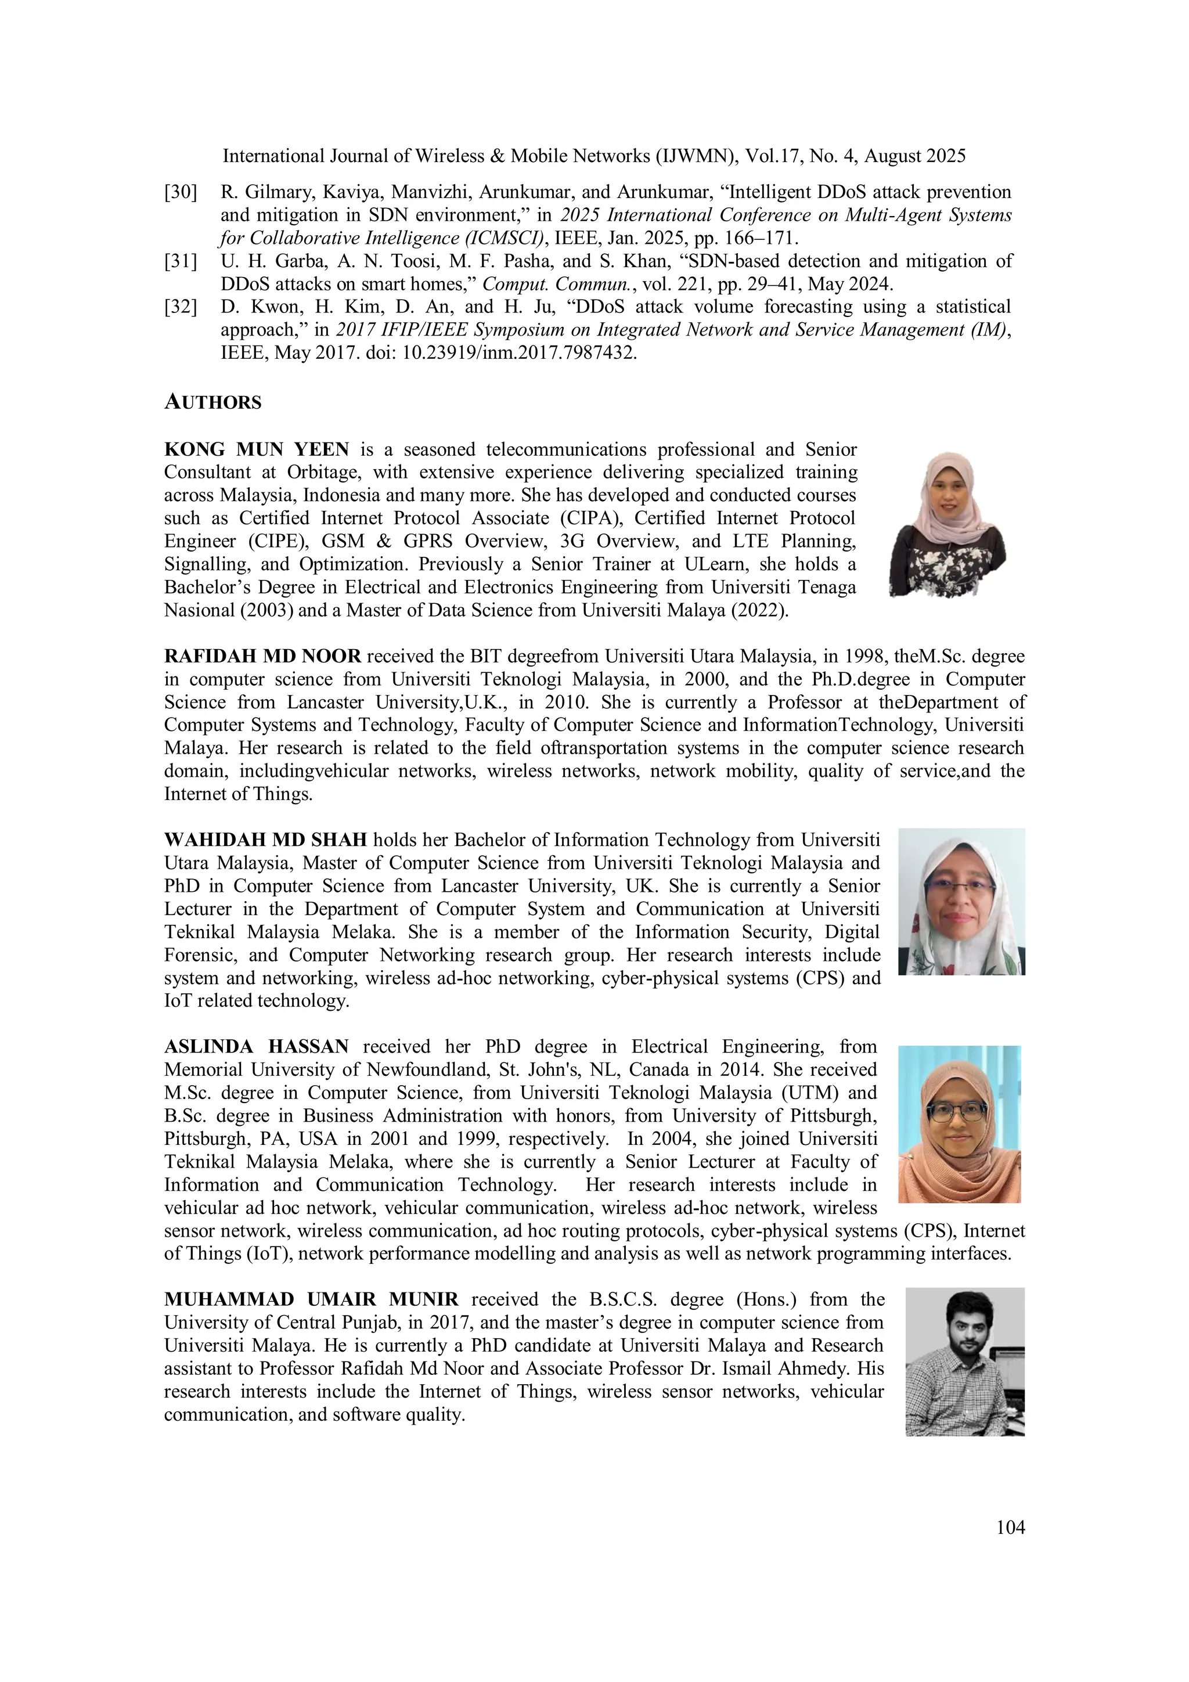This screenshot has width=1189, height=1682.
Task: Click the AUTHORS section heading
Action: click(212, 402)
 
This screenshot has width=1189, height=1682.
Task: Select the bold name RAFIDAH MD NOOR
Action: click(262, 657)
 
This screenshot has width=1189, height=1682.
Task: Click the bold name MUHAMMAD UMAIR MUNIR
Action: click(311, 1299)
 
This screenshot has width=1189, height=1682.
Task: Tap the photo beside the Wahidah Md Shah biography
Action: click(961, 901)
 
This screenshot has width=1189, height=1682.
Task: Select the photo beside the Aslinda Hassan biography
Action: click(959, 1124)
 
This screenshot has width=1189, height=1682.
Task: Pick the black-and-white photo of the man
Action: click(965, 1361)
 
